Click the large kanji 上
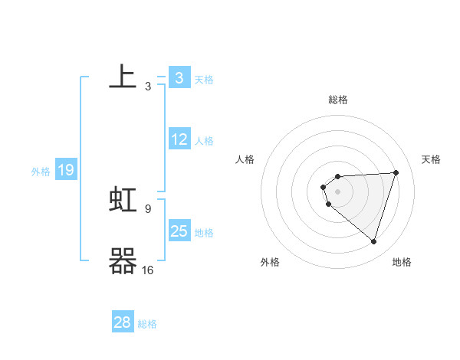[123, 77]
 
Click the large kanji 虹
[123, 200]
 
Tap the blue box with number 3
[179, 77]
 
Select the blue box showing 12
[179, 139]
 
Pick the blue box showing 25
[179, 231]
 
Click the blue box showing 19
[66, 170]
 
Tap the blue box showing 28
[123, 322]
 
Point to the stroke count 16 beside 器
[148, 270]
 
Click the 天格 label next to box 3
[204, 79]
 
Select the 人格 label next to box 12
[204, 141]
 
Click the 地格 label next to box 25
[204, 233]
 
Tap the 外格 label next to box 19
[41, 172]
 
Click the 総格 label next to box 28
[147, 324]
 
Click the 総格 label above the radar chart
[338, 100]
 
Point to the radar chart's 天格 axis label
[431, 159]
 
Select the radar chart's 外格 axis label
[270, 262]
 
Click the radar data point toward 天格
[396, 172]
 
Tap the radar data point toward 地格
[373, 241]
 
